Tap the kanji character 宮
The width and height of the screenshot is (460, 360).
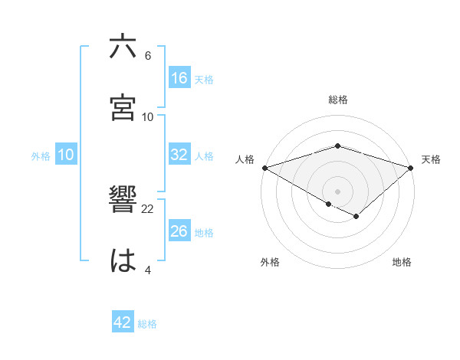pyautogui.click(x=123, y=108)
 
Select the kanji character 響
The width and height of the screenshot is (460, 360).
pyautogui.click(x=123, y=201)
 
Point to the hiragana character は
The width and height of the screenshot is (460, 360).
pyautogui.click(x=123, y=261)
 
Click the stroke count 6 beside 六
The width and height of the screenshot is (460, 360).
pyautogui.click(x=148, y=56)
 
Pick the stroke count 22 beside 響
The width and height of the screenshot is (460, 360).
pyautogui.click(x=148, y=209)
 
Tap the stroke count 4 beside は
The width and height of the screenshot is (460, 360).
pyautogui.click(x=148, y=270)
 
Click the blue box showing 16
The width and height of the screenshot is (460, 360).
pyautogui.click(x=179, y=78)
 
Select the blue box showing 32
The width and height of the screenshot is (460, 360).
pyautogui.click(x=179, y=155)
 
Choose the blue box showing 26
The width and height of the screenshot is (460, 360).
pyautogui.click(x=179, y=231)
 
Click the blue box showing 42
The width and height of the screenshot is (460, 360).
pyautogui.click(x=123, y=322)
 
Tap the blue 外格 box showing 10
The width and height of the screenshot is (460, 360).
pyautogui.click(x=66, y=155)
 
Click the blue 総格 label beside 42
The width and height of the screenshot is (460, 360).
pyautogui.click(x=147, y=324)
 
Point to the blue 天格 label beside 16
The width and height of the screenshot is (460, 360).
pyautogui.click(x=204, y=80)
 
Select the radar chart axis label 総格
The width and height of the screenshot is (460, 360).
pyautogui.click(x=338, y=100)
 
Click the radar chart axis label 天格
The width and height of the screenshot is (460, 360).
pyautogui.click(x=432, y=159)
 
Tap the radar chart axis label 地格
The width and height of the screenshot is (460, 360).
pyautogui.click(x=402, y=262)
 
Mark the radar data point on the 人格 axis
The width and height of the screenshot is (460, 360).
pyautogui.click(x=264, y=167)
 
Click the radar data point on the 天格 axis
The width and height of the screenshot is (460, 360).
pyautogui.click(x=412, y=167)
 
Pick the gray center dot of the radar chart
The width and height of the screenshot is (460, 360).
pyautogui.click(x=338, y=191)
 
